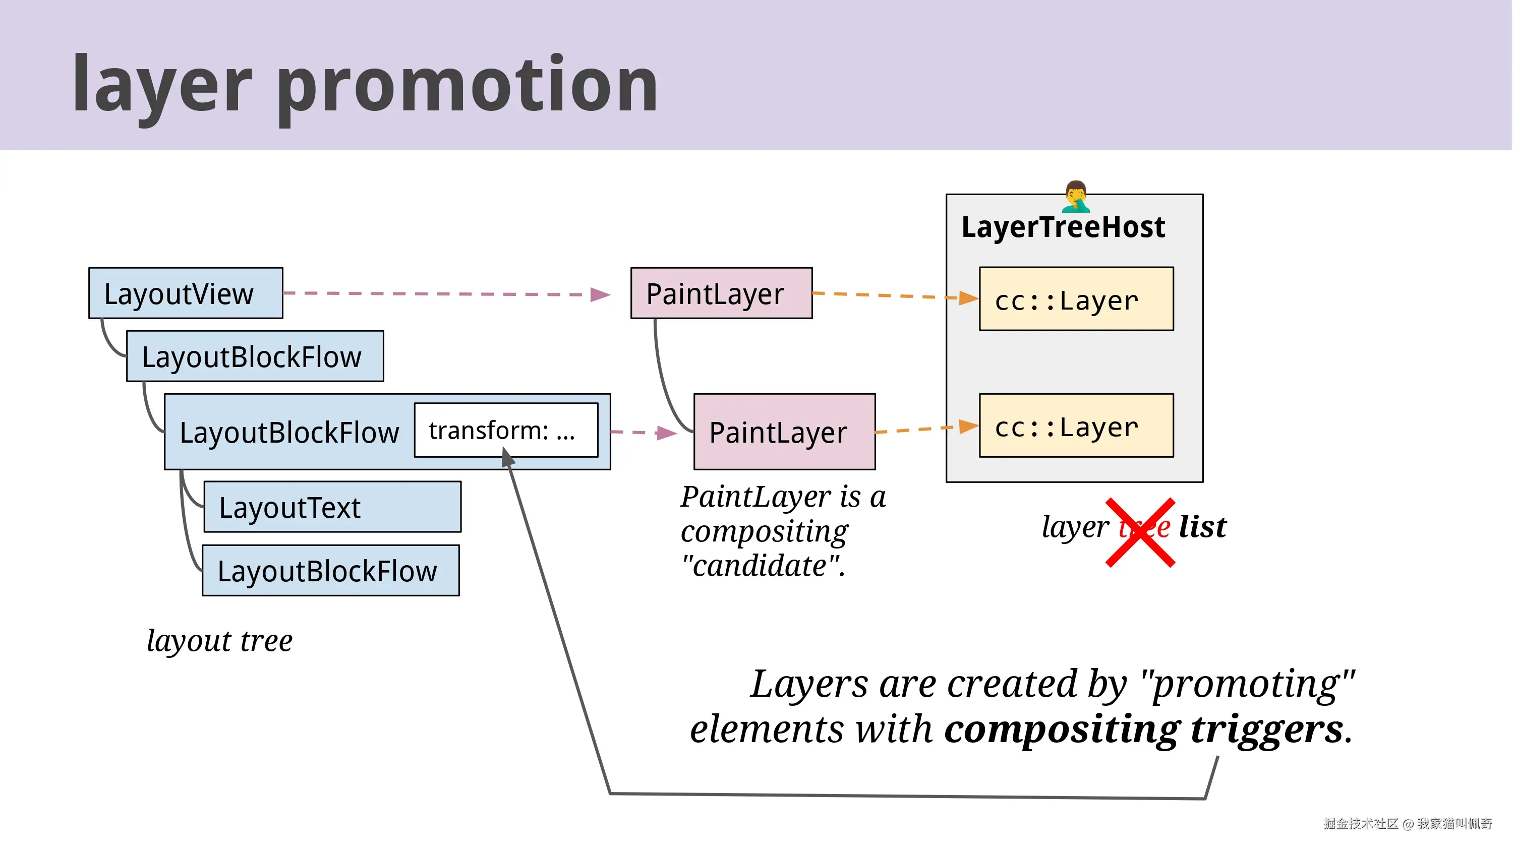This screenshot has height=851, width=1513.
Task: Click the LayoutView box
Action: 186,293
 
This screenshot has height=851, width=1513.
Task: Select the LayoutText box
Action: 332,507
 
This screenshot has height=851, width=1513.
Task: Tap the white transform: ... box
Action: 506,430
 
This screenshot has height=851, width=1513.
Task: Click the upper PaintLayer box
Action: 721,293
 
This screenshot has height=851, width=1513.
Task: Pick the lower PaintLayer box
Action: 784,432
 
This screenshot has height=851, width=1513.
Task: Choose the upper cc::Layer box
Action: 1076,299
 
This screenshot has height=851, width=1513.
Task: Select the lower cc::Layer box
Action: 1076,425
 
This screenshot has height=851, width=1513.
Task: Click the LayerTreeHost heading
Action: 1063,227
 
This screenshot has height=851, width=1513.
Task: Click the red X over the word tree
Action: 1140,532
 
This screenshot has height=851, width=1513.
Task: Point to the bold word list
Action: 1202,526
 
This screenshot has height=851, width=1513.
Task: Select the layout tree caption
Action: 219,640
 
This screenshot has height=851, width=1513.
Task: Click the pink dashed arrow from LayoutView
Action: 446,293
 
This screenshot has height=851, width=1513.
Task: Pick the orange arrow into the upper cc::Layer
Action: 893,295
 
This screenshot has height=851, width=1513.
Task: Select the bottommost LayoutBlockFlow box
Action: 331,570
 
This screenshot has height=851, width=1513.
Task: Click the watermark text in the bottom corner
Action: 1407,823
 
